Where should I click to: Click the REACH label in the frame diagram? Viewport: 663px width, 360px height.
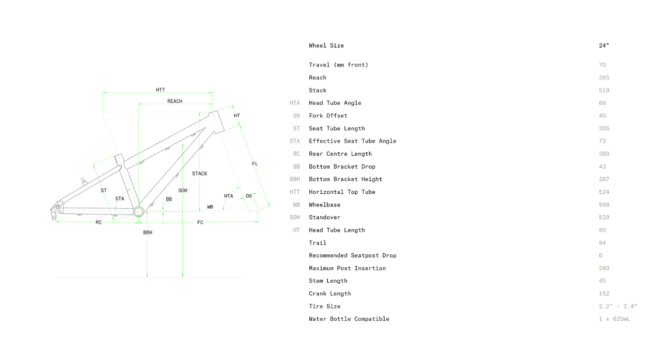point(175,101)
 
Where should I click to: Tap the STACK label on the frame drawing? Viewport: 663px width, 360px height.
point(199,174)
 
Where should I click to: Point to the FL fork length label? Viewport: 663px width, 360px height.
point(255,164)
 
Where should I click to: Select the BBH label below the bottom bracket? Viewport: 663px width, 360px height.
point(148,233)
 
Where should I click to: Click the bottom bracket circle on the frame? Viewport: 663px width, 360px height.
point(138,211)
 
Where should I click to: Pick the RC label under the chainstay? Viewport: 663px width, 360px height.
point(99,223)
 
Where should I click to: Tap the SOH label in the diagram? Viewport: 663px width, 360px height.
point(183,190)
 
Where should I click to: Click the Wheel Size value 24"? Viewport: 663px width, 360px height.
point(604,45)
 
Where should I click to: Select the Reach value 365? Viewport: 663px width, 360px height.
point(604,78)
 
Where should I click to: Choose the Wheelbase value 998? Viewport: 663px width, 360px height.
point(604,205)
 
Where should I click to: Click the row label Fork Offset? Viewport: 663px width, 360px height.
point(328,116)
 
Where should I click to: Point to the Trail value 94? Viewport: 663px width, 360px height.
point(602,243)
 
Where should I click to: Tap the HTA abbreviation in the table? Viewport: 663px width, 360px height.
point(295,103)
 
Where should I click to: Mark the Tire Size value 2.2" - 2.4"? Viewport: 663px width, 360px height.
point(618,306)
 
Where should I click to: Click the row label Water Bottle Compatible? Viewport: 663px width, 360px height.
point(349,319)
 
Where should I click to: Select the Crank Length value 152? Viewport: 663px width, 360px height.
point(604,294)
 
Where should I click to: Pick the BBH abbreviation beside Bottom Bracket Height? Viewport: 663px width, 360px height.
point(295,179)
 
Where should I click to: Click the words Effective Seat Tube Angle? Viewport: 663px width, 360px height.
point(352,141)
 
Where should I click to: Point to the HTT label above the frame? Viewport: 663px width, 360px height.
point(161,90)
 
